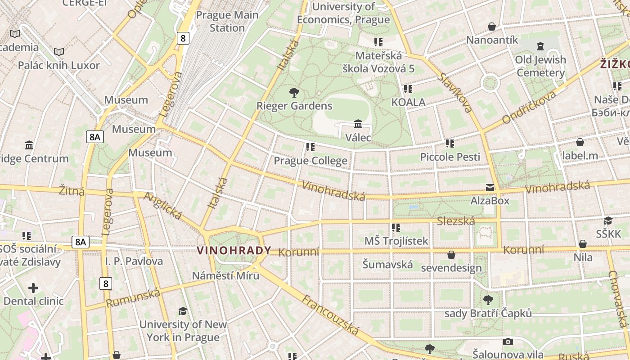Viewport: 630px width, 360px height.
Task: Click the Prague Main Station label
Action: pyautogui.click(x=227, y=21)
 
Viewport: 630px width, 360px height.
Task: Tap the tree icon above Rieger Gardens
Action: pyautogui.click(x=294, y=93)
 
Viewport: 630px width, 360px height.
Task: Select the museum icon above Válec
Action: pyautogui.click(x=358, y=124)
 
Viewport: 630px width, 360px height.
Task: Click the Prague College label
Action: pyautogui.click(x=310, y=161)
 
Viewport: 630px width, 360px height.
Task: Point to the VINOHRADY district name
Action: pyautogui.click(x=234, y=251)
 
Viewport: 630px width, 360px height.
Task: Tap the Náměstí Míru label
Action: pyautogui.click(x=226, y=275)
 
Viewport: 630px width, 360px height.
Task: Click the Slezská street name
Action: pyautogui.click(x=456, y=221)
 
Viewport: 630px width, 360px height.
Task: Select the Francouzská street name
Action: pyautogui.click(x=330, y=315)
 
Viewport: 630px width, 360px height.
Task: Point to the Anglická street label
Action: pyautogui.click(x=162, y=206)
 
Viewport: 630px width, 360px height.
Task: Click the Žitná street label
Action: pyautogui.click(x=72, y=191)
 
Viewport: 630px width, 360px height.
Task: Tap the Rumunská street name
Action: pyautogui.click(x=133, y=298)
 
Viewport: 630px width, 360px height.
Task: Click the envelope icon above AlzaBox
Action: pyautogui.click(x=490, y=188)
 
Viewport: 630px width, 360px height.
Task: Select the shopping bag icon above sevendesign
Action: pyautogui.click(x=451, y=255)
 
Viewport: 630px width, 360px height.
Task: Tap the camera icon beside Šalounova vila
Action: pyautogui.click(x=508, y=342)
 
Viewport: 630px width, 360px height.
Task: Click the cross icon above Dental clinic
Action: pyautogui.click(x=33, y=288)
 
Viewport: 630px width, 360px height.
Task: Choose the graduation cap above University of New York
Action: pyautogui.click(x=183, y=311)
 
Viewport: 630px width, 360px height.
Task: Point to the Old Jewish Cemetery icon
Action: pyautogui.click(x=540, y=46)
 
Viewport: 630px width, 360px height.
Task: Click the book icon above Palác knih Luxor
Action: pyautogui.click(x=59, y=52)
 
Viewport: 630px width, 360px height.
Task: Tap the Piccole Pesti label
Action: pyautogui.click(x=450, y=157)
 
